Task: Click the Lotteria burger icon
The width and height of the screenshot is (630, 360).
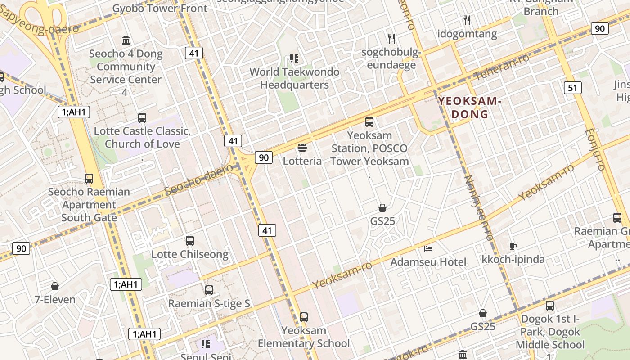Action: pyautogui.click(x=302, y=147)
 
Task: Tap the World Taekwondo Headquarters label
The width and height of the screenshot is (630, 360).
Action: pyautogui.click(x=294, y=78)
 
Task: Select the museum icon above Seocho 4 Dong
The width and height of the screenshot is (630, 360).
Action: pyautogui.click(x=126, y=40)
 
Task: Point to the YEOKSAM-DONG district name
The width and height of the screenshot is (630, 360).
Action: pyautogui.click(x=470, y=108)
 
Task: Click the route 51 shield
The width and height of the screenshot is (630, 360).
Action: pyautogui.click(x=572, y=87)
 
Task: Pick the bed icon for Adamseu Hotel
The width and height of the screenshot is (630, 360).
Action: pyautogui.click(x=428, y=248)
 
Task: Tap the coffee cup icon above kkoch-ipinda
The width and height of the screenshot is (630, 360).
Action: pyautogui.click(x=513, y=246)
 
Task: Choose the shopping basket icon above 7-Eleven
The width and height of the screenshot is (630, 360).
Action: pyautogui.click(x=55, y=286)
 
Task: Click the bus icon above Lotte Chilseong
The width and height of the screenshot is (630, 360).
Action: pyautogui.click(x=190, y=241)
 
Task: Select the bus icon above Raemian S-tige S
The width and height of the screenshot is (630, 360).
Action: pyautogui.click(x=209, y=290)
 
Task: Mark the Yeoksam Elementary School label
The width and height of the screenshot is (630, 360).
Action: pyautogui.click(x=304, y=337)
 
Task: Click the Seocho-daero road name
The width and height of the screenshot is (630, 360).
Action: pyautogui.click(x=199, y=180)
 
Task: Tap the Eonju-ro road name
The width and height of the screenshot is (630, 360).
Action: pyautogui.click(x=595, y=150)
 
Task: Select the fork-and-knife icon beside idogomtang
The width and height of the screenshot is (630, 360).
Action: pyautogui.click(x=467, y=20)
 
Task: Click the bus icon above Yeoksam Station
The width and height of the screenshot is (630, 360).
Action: pyautogui.click(x=369, y=121)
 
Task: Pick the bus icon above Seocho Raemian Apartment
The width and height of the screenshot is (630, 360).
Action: pyautogui.click(x=89, y=178)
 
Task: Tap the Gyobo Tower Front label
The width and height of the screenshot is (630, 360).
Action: pyautogui.click(x=160, y=8)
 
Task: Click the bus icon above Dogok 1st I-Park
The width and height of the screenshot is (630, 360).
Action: pyautogui.click(x=550, y=306)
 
